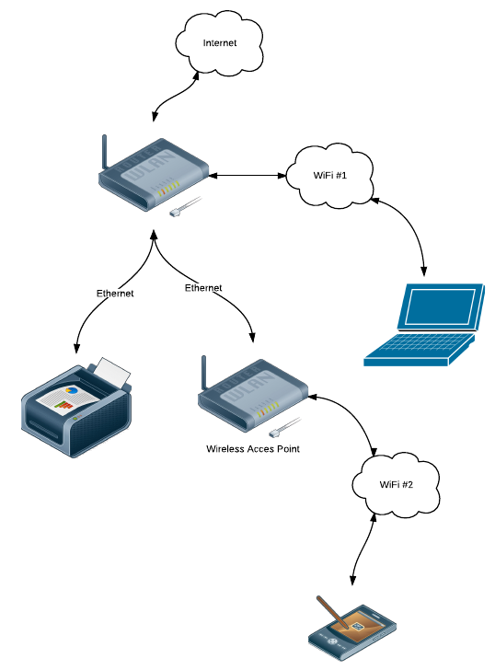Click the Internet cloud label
[x=220, y=42]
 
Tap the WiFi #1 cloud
[x=329, y=175]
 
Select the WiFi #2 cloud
[x=396, y=484]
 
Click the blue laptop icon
[x=424, y=325]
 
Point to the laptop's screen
[x=441, y=306]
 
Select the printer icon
[x=77, y=408]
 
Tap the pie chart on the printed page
[x=71, y=389]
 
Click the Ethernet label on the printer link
[x=115, y=293]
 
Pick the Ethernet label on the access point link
[x=203, y=288]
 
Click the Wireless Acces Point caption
[x=253, y=449]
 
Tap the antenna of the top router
[x=104, y=153]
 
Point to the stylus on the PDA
[x=332, y=612]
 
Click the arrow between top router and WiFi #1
[x=247, y=175]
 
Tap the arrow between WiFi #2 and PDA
[x=363, y=549]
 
